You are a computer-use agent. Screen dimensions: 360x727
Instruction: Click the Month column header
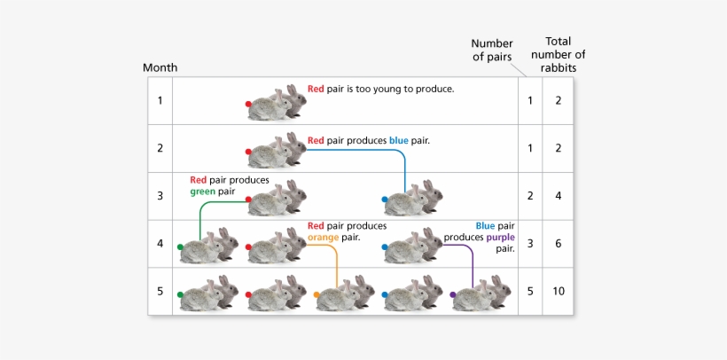click(160, 67)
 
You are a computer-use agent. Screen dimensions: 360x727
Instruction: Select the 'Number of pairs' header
click(492, 50)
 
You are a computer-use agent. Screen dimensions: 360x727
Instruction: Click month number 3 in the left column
click(160, 196)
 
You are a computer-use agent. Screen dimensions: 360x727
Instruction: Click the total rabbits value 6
click(558, 244)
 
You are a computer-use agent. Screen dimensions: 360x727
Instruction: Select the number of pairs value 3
click(530, 244)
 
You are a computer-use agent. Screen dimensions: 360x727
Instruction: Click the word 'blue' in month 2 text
click(399, 140)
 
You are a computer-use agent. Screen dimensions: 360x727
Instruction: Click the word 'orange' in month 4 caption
click(323, 237)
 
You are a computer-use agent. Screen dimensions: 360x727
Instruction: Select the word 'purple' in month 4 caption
click(501, 237)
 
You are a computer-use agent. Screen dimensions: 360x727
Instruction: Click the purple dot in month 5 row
click(453, 295)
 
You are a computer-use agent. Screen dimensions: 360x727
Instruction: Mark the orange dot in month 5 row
click(317, 295)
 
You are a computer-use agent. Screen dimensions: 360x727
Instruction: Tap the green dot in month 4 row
click(180, 247)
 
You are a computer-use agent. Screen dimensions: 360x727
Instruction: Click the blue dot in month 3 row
click(385, 200)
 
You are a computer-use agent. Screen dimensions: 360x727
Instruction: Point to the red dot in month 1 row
click(249, 104)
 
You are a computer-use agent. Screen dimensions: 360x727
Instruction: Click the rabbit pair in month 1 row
click(278, 103)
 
